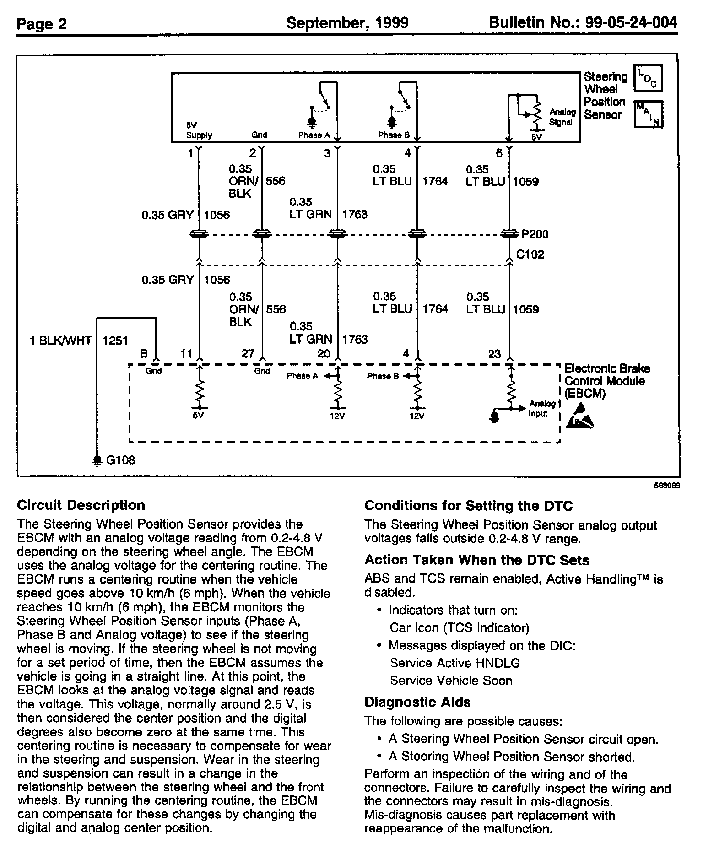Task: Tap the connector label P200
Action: coord(535,234)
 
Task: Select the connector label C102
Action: coord(530,254)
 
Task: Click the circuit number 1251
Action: coord(115,341)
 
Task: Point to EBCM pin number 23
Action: coord(494,354)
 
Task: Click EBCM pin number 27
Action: coord(248,354)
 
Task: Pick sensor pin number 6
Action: coord(499,153)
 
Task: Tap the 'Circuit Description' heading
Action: coord(81,505)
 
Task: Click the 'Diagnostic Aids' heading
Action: coord(417,702)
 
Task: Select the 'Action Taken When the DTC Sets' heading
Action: coord(477,560)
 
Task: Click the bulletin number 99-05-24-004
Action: coord(583,23)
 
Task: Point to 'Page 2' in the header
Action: coord(42,24)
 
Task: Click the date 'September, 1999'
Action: coord(347,23)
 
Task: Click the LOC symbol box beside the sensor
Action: coord(648,78)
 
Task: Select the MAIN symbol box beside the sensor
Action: coord(648,114)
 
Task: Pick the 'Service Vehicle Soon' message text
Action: coord(451,681)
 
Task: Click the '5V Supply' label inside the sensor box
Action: coord(199,130)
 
